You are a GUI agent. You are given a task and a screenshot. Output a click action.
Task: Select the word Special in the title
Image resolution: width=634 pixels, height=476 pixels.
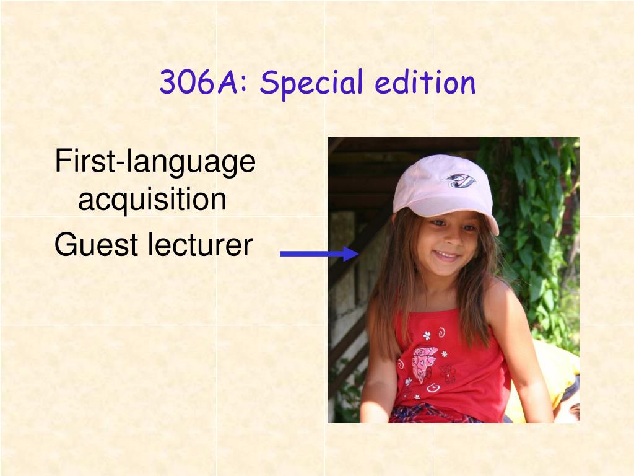311,84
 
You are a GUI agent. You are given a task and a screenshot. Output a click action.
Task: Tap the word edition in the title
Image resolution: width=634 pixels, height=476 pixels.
425,82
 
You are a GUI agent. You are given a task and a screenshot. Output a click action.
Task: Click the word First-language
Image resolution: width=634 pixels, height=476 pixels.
155,162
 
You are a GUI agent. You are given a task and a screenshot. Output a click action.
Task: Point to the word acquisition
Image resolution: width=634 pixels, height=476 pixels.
152,200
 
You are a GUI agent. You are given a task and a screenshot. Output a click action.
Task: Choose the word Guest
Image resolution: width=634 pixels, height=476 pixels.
96,244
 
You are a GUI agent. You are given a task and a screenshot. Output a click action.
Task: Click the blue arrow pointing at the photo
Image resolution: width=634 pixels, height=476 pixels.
319,253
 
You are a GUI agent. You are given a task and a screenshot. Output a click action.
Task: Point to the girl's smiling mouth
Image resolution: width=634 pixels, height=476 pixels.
447,256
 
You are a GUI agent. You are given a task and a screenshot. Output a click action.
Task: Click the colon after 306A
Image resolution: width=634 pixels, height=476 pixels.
243,84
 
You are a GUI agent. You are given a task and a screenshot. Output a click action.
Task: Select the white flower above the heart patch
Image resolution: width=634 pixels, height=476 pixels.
427,335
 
